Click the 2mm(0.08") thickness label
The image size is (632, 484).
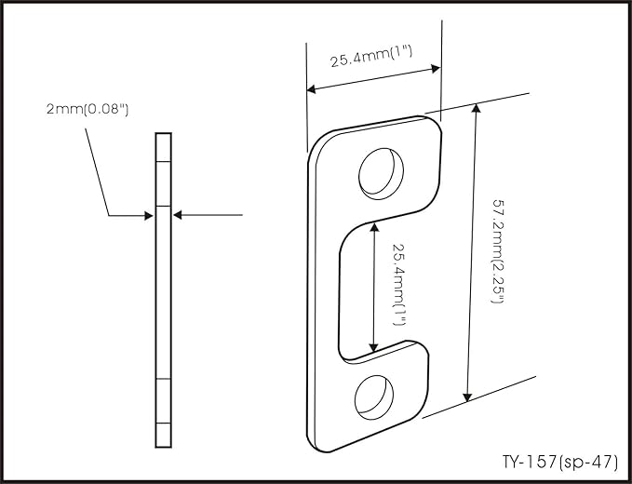87,109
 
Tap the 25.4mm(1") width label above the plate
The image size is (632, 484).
371,56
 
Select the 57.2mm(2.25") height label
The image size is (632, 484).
498,250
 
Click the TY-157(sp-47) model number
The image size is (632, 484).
559,462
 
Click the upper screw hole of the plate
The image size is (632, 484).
381,174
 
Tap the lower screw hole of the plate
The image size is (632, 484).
374,397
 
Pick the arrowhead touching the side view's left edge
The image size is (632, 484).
149,216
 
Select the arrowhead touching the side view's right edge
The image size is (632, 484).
178,215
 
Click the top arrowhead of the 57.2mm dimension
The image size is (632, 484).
477,108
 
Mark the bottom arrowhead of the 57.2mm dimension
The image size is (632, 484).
467,397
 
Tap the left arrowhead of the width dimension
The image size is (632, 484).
311,89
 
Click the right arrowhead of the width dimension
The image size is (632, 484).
436,68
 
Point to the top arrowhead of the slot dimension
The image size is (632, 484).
375,228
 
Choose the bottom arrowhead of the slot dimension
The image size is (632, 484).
373,347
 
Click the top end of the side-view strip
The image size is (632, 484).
163,133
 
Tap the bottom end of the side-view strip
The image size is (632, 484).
163,447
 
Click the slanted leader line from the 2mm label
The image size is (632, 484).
97,172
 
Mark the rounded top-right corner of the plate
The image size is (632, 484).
435,123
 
